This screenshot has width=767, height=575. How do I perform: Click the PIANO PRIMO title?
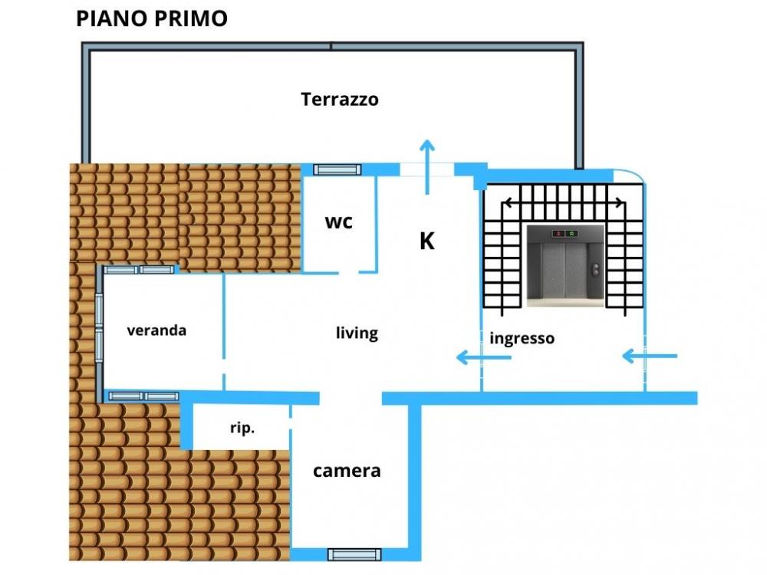tap(152, 18)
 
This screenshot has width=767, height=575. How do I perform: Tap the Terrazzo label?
tap(340, 100)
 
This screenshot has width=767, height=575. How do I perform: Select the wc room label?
tap(339, 222)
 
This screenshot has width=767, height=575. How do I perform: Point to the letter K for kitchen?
tap(427, 242)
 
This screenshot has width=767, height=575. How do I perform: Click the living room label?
tap(357, 333)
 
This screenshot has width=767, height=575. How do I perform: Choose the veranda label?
tap(156, 330)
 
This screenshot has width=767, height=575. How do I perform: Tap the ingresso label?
tap(522, 337)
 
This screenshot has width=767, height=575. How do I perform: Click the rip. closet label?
tap(242, 429)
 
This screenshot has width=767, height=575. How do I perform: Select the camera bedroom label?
tap(347, 471)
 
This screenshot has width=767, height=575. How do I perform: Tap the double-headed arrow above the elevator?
tap(564, 203)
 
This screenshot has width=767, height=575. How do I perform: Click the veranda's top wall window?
tap(140, 269)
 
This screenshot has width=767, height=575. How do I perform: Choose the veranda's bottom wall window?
tap(143, 396)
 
